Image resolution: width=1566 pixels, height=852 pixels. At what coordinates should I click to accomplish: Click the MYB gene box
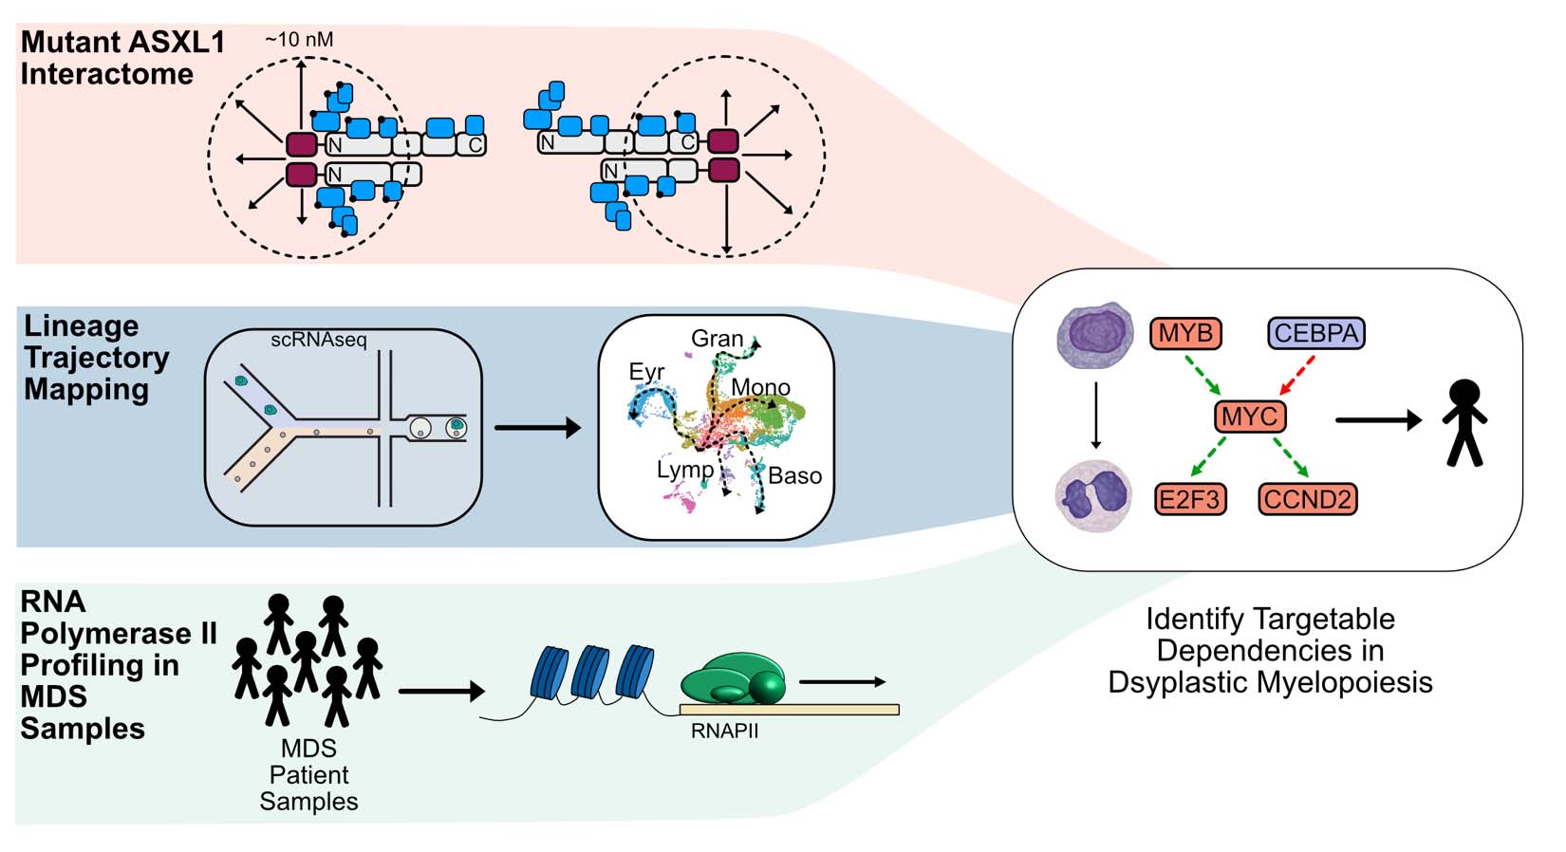(1185, 333)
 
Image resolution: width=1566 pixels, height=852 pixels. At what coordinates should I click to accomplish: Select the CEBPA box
(1315, 333)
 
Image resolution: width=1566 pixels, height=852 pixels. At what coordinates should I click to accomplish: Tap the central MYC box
(1250, 417)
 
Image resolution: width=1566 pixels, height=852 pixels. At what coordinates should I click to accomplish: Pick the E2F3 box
(1190, 499)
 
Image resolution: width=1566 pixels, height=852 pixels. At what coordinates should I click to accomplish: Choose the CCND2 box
(1307, 499)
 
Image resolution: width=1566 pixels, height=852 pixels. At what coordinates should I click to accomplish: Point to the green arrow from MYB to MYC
(1202, 375)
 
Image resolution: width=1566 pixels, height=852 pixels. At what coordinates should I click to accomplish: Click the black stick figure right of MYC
(1464, 422)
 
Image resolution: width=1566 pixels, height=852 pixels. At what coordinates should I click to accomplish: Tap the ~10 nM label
(299, 40)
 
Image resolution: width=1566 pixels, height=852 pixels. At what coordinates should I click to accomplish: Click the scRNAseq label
(318, 340)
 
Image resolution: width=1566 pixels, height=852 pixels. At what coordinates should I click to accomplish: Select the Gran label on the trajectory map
(718, 339)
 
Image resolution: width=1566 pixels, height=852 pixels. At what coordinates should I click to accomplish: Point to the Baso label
(794, 475)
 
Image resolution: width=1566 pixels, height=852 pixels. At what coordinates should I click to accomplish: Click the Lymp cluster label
(685, 470)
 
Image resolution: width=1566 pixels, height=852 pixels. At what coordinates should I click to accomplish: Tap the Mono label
(760, 387)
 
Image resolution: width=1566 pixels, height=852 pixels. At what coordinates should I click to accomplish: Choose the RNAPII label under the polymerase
(724, 732)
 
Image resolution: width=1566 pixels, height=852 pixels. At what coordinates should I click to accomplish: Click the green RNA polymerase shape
(736, 679)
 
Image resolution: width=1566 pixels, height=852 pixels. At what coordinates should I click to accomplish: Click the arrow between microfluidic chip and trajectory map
(537, 428)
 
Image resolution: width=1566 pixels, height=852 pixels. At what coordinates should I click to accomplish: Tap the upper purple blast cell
(1096, 334)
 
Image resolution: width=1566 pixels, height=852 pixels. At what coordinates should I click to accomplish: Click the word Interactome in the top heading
(106, 74)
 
